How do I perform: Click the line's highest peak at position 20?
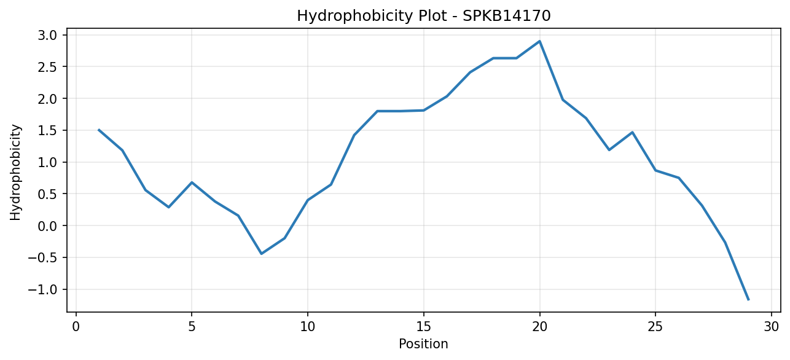(x=539, y=41)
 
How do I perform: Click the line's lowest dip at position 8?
(x=261, y=254)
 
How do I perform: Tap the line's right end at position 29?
(x=748, y=300)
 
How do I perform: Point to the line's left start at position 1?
(x=99, y=130)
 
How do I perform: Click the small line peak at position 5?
(x=192, y=182)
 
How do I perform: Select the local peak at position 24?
(x=632, y=132)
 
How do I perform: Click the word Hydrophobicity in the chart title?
(x=354, y=16)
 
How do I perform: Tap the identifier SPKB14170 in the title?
(x=506, y=16)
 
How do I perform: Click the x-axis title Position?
(x=423, y=344)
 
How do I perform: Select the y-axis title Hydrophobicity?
(x=15, y=173)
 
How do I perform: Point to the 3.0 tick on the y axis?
(x=47, y=35)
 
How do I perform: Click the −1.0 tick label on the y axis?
(x=42, y=289)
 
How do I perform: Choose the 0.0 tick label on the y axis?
(x=47, y=225)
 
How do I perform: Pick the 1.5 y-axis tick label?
(x=47, y=130)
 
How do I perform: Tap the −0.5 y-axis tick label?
(x=42, y=258)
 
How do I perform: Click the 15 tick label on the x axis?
(x=424, y=327)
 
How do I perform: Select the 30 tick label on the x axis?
(x=772, y=327)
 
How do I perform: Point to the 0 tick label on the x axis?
(x=76, y=327)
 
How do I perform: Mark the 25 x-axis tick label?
(x=655, y=327)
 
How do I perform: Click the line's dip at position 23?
(x=609, y=150)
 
